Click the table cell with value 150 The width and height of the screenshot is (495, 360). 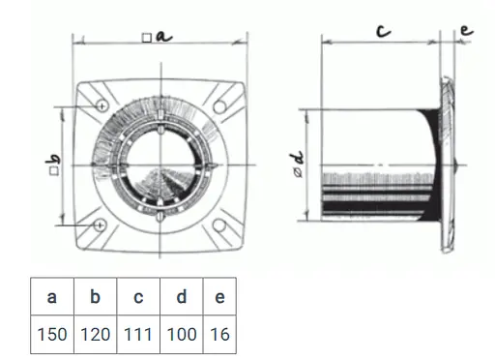coord(52,334)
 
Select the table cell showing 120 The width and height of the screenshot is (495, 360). coord(96,334)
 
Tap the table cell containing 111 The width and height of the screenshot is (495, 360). coord(138,334)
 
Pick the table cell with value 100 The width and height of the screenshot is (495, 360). coord(182,334)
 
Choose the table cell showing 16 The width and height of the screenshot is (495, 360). coord(219,334)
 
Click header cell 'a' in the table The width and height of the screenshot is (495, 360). coord(52,296)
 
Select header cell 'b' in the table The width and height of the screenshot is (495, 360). coord(96,296)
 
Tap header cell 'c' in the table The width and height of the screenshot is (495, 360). coord(138,296)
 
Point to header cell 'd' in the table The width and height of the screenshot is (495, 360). coord(182,296)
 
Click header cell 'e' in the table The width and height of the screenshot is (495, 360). coord(219,296)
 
